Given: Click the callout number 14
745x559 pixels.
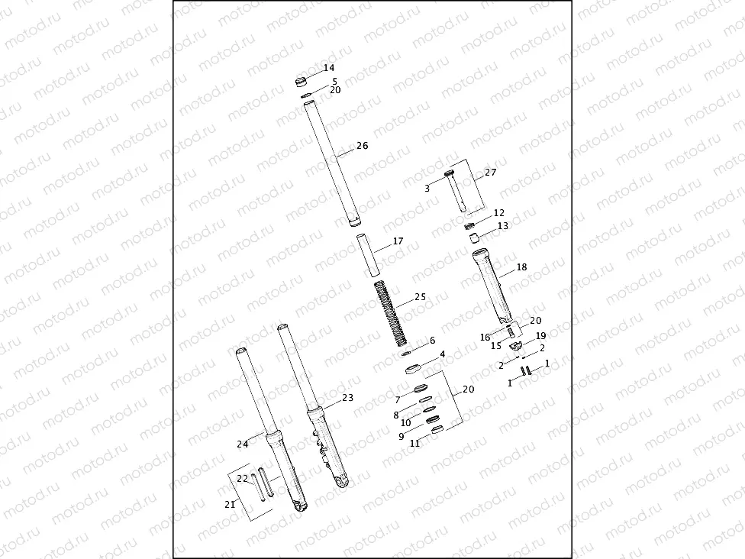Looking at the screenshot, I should coord(329,68).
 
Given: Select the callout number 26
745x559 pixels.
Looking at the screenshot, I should coord(362,146).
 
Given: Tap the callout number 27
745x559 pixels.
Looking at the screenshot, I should coord(490,173).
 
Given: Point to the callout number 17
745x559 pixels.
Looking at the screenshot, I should coord(398,241).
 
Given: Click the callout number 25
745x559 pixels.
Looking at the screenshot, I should coord(420,297).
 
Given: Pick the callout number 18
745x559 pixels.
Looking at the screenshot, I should coord(521,268).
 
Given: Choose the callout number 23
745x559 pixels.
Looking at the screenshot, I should coord(347,398).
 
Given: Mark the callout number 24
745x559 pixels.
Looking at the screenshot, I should coord(243,444).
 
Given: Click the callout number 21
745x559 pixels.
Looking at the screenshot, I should coord(230,504).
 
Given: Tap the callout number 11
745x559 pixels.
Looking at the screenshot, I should coord(414,443).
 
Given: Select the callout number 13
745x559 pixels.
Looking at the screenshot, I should coord(502,226).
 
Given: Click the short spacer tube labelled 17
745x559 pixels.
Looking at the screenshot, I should coord(369,257).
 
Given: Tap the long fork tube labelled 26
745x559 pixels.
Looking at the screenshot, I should coord(331,164).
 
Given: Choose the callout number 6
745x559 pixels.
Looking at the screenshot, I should coord(432,341).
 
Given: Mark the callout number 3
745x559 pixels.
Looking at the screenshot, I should coord(427,187).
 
